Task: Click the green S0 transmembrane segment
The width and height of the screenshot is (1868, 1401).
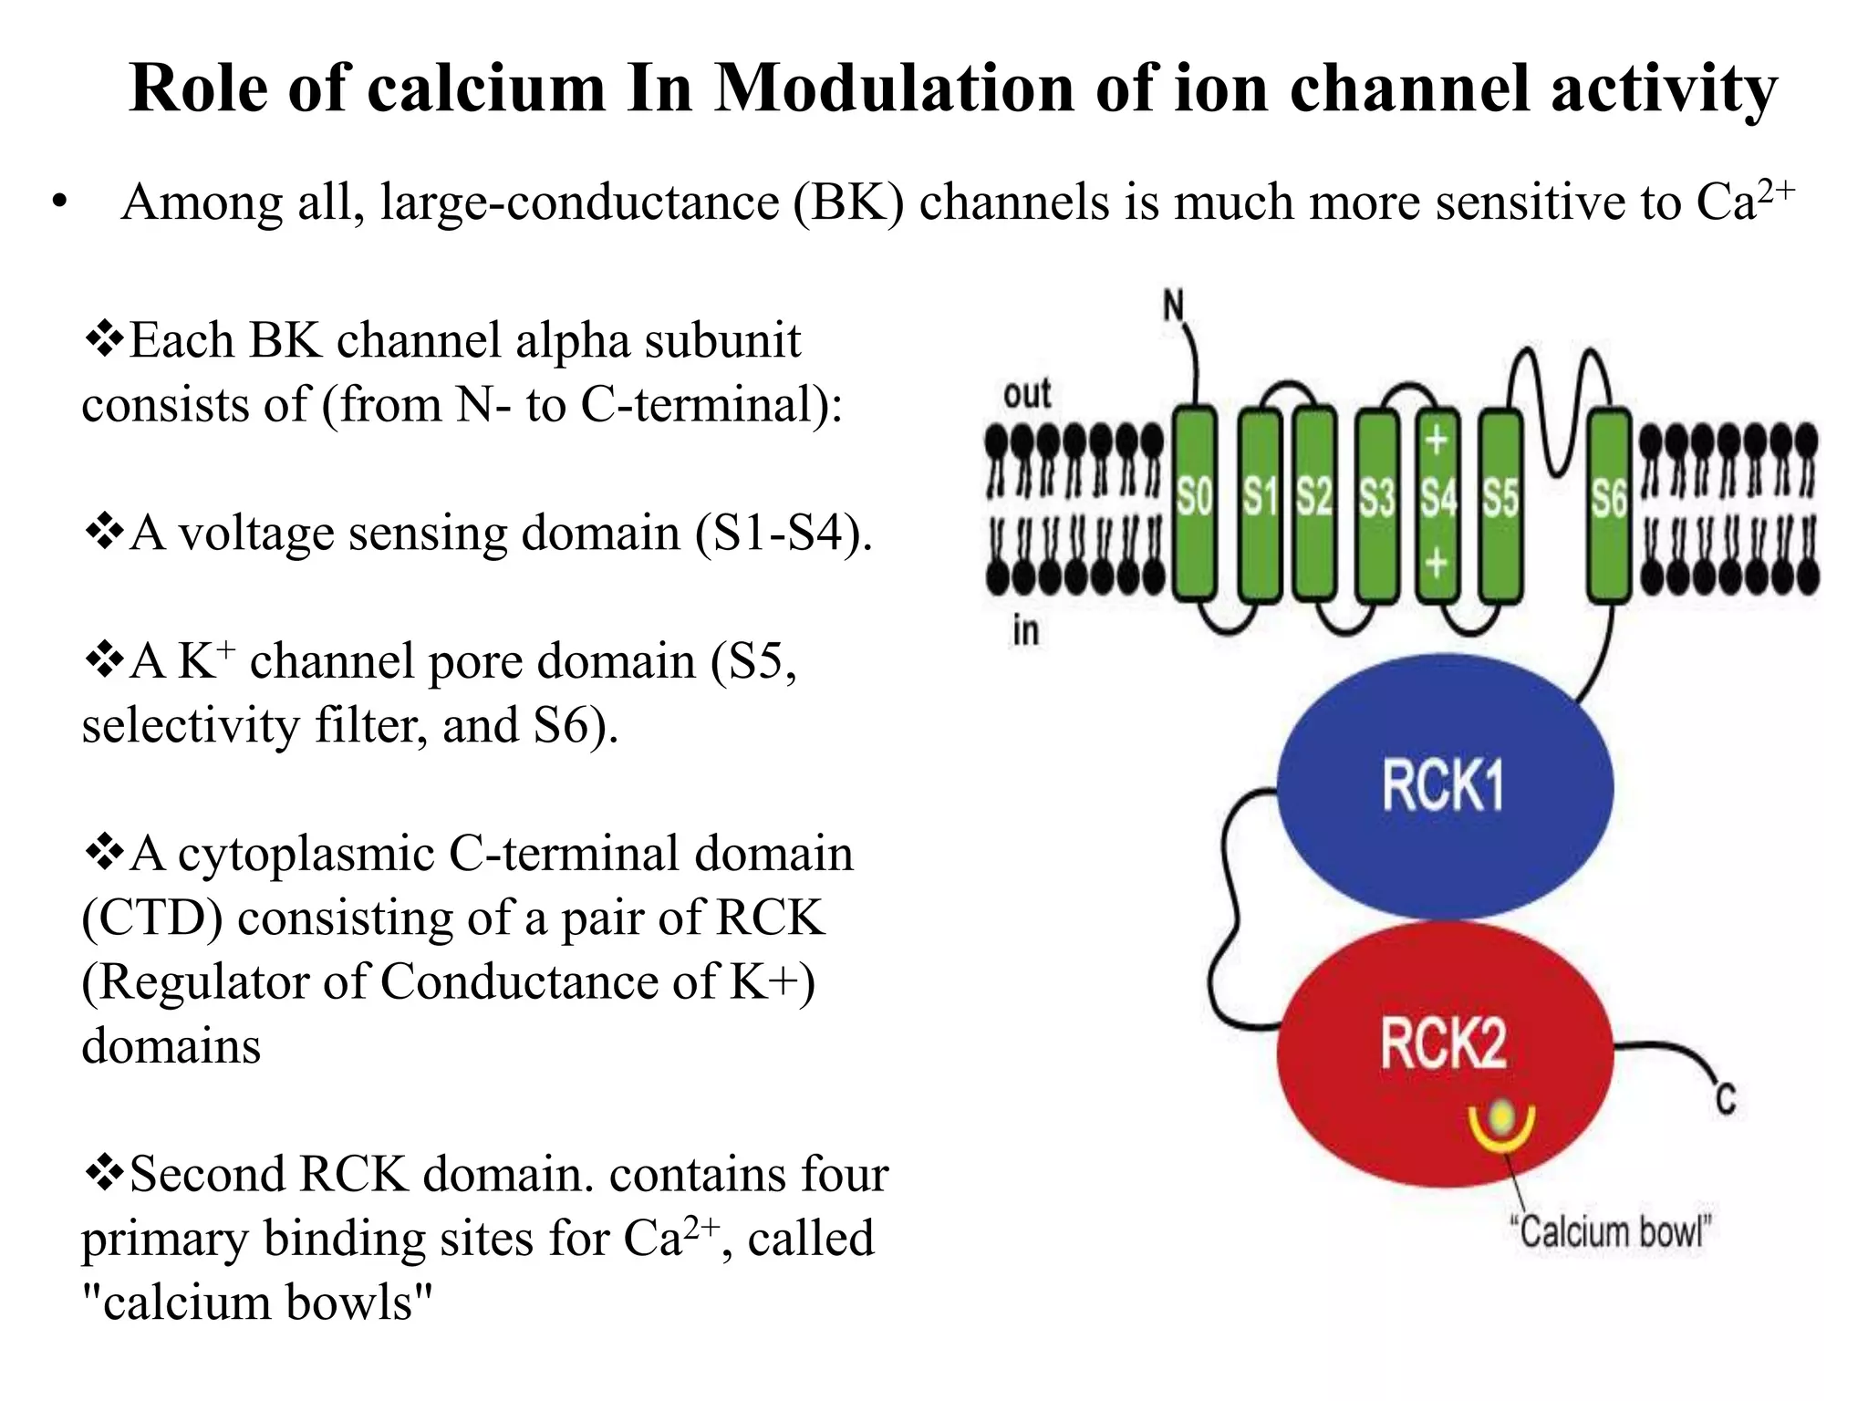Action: [1194, 503]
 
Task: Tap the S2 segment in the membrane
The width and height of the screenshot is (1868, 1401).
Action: [1314, 503]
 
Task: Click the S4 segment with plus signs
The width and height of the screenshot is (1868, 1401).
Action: [1437, 503]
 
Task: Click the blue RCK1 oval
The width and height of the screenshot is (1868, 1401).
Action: [1444, 786]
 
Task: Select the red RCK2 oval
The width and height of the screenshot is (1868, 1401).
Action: [1444, 1049]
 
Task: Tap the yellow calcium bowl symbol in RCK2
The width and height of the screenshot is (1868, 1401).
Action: [1501, 1123]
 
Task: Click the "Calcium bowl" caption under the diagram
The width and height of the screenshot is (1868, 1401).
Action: [1610, 1232]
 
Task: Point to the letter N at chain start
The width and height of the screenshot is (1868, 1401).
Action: [1174, 306]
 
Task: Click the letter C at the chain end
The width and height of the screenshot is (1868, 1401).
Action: [1725, 1099]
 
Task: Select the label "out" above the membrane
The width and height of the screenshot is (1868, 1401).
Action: [1027, 394]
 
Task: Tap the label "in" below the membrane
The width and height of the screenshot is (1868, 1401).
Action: [1025, 630]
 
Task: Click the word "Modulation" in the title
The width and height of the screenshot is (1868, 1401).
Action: [894, 88]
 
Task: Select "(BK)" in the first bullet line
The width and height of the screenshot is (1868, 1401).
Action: [848, 202]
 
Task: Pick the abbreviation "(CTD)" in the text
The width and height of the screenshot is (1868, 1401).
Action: [151, 918]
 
